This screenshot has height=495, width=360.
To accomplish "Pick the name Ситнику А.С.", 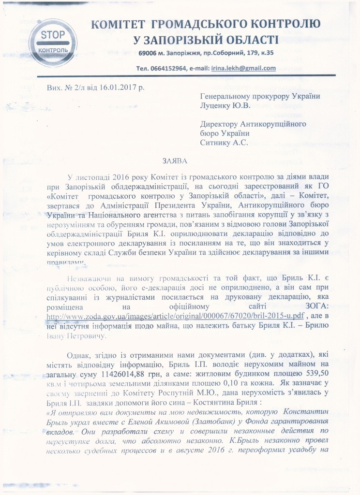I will (224, 142).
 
